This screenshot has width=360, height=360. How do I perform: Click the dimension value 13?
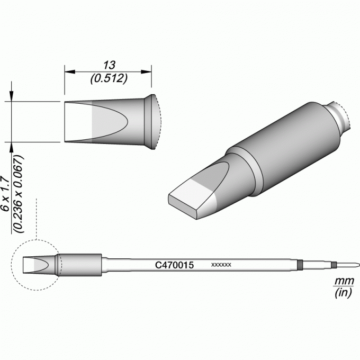[x=109, y=66]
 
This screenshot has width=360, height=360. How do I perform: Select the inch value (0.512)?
[x=109, y=79]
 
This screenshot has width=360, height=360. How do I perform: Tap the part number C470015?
[x=175, y=265]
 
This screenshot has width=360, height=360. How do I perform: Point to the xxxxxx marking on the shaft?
[x=221, y=265]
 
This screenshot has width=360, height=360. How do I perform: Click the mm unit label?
[x=344, y=281]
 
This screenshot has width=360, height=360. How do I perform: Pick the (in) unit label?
[x=344, y=292]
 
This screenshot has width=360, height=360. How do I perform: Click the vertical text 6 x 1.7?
[x=5, y=194]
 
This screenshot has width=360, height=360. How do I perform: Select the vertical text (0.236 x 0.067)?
[x=19, y=194]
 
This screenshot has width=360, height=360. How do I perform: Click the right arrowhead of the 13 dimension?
[x=146, y=72]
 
